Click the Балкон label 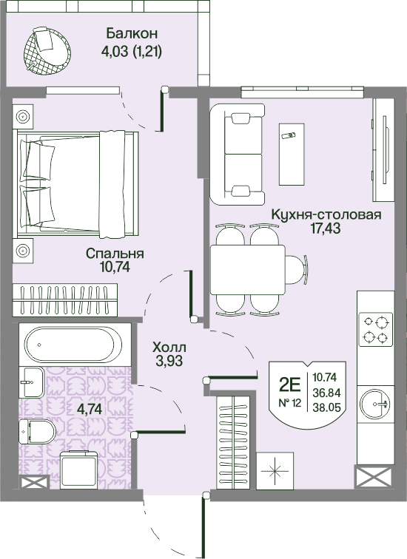[x=132, y=34]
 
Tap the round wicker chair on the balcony [x=47, y=51]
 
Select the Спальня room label [x=115, y=254]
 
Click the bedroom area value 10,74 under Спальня [x=115, y=267]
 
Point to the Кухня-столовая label [x=326, y=215]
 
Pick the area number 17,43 [x=326, y=228]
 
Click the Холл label [x=169, y=347]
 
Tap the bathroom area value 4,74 [x=90, y=409]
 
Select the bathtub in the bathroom [x=74, y=345]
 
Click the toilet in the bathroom [x=37, y=431]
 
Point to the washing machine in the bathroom [x=79, y=470]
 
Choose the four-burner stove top [x=376, y=330]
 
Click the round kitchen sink [x=376, y=404]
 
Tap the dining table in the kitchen [x=248, y=269]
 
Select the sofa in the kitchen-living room [x=238, y=155]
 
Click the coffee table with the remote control [x=292, y=155]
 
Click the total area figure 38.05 [x=326, y=407]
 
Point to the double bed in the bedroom [x=75, y=183]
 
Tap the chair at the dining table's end [x=297, y=269]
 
